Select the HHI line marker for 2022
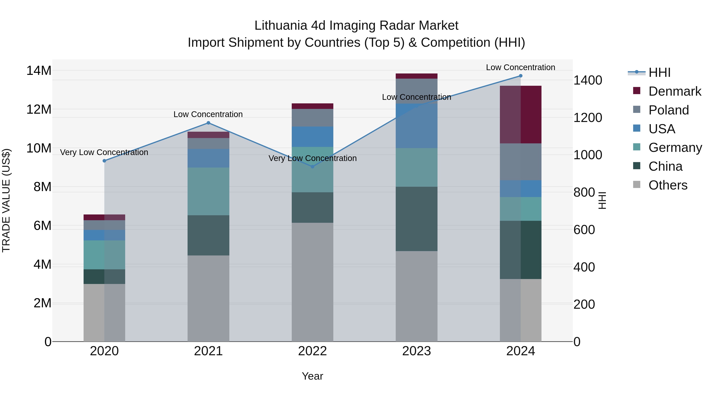tap(313, 167)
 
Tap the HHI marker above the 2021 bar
tap(208, 123)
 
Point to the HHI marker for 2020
tap(104, 161)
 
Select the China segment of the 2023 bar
tap(416, 219)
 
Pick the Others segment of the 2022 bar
tap(313, 282)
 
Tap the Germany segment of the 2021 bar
tap(208, 191)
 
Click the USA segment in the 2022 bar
tap(313, 137)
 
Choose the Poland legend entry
tap(668, 110)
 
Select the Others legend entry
tap(668, 185)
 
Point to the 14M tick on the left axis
tap(39, 70)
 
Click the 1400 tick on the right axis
tap(587, 80)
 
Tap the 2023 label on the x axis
tap(416, 351)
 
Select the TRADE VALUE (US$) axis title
tap(6, 200)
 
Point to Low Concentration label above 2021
tap(208, 114)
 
